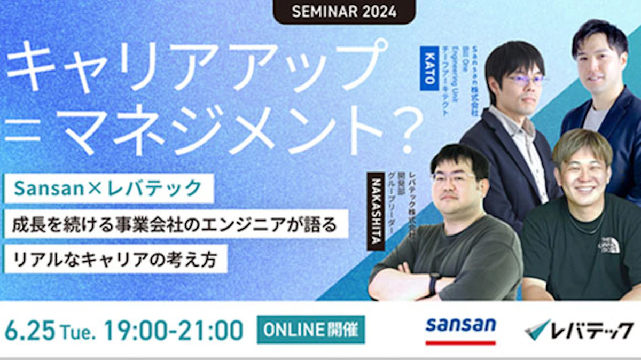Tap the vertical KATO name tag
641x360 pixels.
click(429, 69)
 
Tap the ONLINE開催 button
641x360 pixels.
click(311, 330)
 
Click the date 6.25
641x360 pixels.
click(30, 331)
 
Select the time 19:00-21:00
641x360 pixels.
click(174, 331)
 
